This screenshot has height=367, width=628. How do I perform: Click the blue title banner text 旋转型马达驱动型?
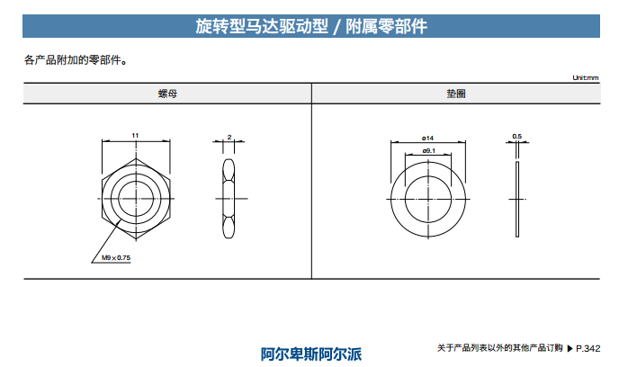(x=262, y=26)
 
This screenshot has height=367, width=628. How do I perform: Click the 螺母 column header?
(x=167, y=94)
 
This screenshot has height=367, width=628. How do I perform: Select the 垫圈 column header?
(x=456, y=94)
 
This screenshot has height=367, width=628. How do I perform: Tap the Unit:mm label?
(x=586, y=77)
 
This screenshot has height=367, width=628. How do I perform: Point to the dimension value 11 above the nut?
(x=135, y=136)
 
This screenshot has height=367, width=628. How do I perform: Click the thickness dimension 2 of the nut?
(x=229, y=137)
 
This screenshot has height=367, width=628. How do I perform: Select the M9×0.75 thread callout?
(x=116, y=258)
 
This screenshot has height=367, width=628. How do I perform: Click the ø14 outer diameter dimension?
(x=427, y=139)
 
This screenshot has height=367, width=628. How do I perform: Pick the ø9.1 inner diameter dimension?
(x=428, y=151)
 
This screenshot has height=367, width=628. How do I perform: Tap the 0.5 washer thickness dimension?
(x=517, y=137)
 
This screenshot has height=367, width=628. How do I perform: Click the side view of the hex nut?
(x=229, y=199)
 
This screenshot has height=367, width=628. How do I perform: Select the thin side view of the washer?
(x=517, y=199)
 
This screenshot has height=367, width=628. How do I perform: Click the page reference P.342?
(x=588, y=349)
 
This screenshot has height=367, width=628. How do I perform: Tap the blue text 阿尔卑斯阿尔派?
(x=311, y=354)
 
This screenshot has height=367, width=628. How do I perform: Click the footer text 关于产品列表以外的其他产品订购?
(x=500, y=348)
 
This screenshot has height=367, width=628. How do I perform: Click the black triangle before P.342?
(x=570, y=349)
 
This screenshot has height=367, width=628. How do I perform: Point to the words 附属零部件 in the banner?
(x=387, y=26)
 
